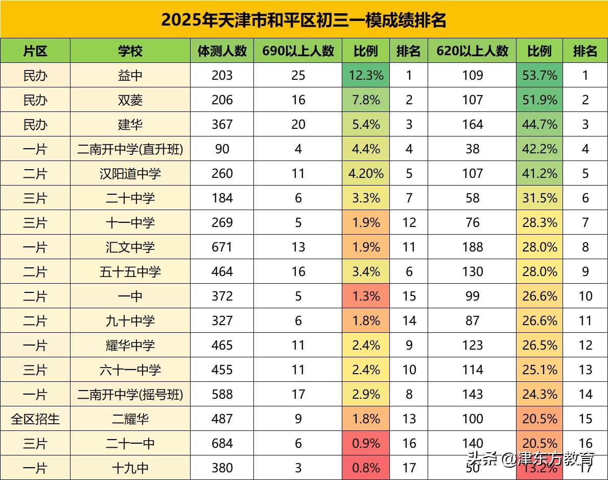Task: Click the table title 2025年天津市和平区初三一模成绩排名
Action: (x=304, y=19)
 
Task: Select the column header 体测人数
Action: (x=222, y=51)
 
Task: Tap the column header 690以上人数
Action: (x=298, y=51)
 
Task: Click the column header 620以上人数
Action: (x=473, y=51)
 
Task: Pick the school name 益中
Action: (x=130, y=76)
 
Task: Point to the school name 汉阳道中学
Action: (x=130, y=174)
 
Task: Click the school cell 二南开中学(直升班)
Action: (x=130, y=149)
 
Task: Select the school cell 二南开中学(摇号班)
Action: (x=130, y=395)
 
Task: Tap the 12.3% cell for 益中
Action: (x=366, y=76)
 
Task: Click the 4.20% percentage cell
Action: (x=366, y=174)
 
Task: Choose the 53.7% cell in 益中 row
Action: (x=540, y=76)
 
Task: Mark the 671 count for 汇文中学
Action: (x=222, y=247)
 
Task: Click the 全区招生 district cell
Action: (x=35, y=419)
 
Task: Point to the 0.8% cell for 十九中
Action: (x=366, y=468)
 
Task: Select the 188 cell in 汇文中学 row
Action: (x=473, y=247)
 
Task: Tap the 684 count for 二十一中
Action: (x=222, y=444)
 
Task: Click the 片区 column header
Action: (x=35, y=51)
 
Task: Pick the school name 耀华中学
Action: (x=130, y=346)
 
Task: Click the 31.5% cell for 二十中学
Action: (x=540, y=198)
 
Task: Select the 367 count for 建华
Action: (x=222, y=125)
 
